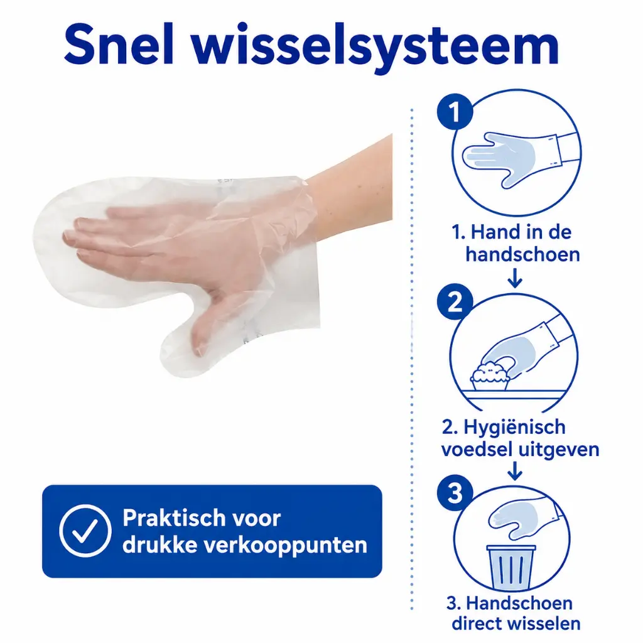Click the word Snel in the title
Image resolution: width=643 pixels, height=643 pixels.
click(119, 45)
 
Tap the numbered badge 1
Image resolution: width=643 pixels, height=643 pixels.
click(455, 112)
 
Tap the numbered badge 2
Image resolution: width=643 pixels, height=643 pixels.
click(455, 303)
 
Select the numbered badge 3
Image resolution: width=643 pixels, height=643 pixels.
click(455, 493)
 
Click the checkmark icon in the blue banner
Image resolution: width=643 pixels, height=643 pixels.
click(85, 531)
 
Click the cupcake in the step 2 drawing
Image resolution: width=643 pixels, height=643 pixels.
click(490, 376)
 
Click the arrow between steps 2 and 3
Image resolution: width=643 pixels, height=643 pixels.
click(515, 471)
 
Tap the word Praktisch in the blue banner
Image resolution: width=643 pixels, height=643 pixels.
click(202, 518)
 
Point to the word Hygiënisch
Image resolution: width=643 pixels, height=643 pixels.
click(515, 428)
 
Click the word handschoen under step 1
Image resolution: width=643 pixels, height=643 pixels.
click(522, 255)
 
